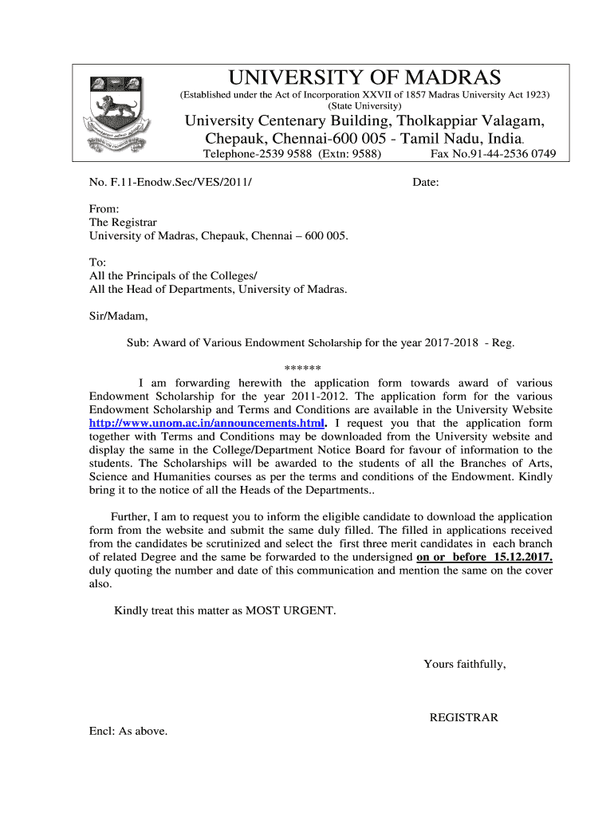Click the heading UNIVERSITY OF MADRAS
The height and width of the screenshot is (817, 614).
[365, 77]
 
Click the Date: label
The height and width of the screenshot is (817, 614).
[425, 183]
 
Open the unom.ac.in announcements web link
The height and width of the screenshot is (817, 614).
[207, 423]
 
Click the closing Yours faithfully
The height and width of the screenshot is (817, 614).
[464, 664]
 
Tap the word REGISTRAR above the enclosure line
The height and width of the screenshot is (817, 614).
[463, 717]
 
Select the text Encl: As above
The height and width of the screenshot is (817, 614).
[128, 731]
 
